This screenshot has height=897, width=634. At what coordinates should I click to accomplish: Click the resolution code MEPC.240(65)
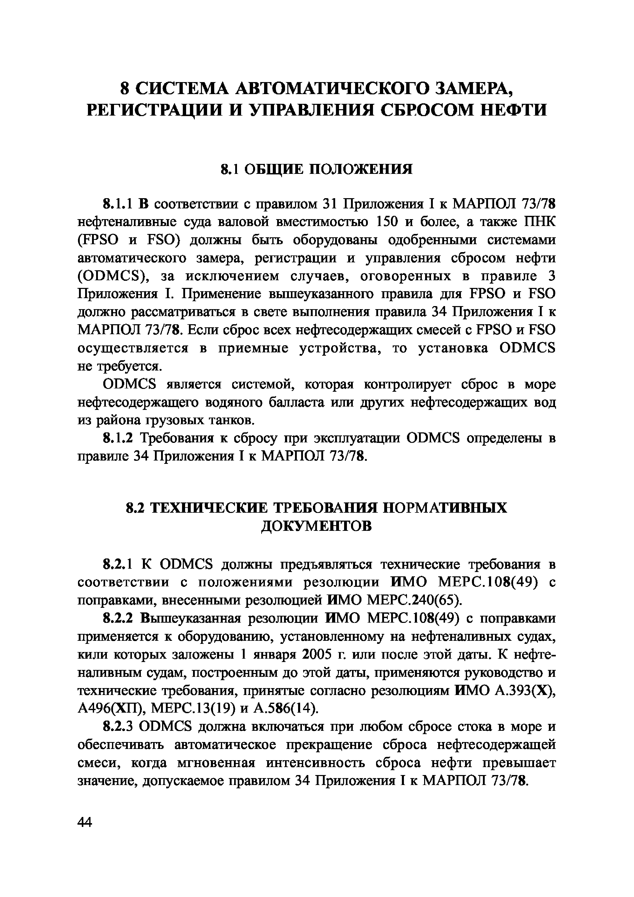coord(415,600)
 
